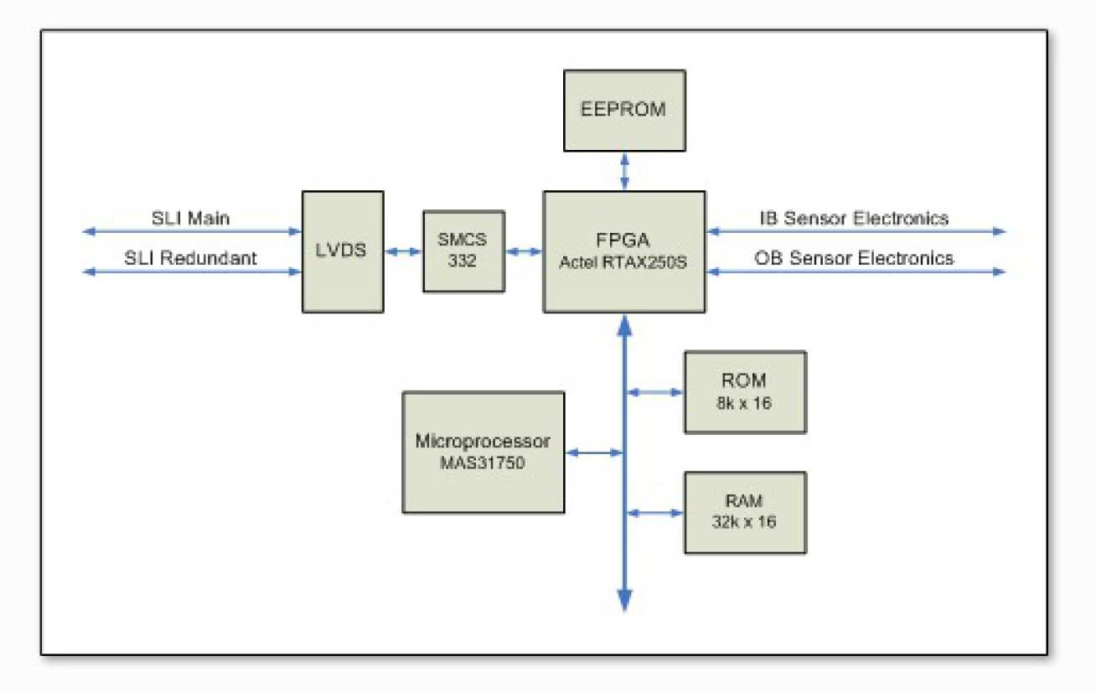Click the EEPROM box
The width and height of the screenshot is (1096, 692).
(624, 109)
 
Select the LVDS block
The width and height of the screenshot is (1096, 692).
(343, 251)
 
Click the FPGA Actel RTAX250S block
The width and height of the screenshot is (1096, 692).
(623, 251)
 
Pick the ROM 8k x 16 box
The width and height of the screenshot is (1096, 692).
(745, 391)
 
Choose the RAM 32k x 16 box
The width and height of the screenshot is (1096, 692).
(745, 512)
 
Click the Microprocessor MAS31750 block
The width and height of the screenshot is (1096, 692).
(483, 452)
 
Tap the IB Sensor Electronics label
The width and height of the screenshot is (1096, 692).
(854, 219)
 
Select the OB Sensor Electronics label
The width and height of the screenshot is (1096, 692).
(854, 258)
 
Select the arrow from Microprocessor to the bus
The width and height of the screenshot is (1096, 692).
(595, 453)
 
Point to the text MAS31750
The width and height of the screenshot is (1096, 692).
(483, 462)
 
